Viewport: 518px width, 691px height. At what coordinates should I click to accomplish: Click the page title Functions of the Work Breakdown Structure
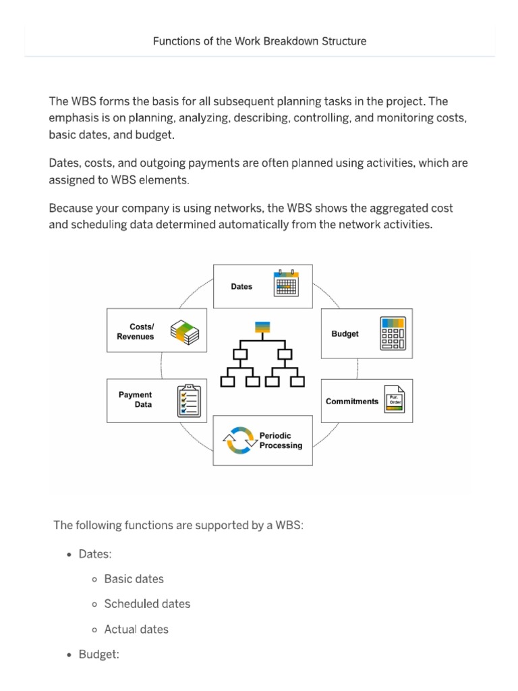[260, 41]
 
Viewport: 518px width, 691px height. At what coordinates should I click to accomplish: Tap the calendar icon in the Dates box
[285, 283]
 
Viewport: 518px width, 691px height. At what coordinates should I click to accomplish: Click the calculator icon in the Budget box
[393, 333]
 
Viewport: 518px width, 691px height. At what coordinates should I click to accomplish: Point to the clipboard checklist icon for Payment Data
[188, 400]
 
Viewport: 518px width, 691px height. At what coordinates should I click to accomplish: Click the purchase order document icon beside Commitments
[395, 401]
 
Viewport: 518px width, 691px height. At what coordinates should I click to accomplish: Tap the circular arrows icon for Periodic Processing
[240, 441]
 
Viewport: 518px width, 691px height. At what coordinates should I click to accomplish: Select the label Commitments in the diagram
[352, 402]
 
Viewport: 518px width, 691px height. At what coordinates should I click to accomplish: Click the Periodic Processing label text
[281, 441]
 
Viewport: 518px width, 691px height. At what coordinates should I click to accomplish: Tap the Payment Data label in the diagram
[135, 399]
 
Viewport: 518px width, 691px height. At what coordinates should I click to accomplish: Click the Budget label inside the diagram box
[345, 334]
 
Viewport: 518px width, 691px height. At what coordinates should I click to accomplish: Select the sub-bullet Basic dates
[134, 579]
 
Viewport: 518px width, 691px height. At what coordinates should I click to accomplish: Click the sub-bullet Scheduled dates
[147, 604]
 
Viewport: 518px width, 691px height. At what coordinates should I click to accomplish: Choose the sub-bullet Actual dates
[136, 629]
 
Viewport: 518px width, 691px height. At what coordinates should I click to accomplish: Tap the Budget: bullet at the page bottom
[98, 654]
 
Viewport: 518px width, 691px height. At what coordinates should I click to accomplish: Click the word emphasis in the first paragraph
[75, 118]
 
